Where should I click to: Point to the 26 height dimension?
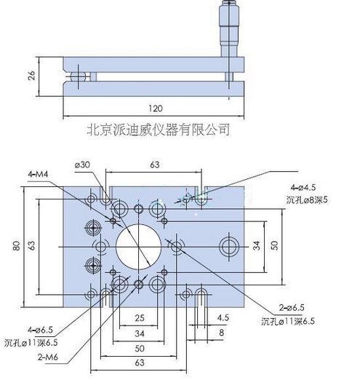tap(31, 76)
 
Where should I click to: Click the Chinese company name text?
tap(158, 130)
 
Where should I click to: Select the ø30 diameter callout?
tap(82, 165)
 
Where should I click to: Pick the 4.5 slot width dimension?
tap(223, 317)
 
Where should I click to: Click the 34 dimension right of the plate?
tap(256, 246)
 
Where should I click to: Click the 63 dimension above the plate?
tap(154, 165)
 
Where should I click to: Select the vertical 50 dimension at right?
tap(275, 246)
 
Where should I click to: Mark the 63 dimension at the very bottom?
tap(138, 362)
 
